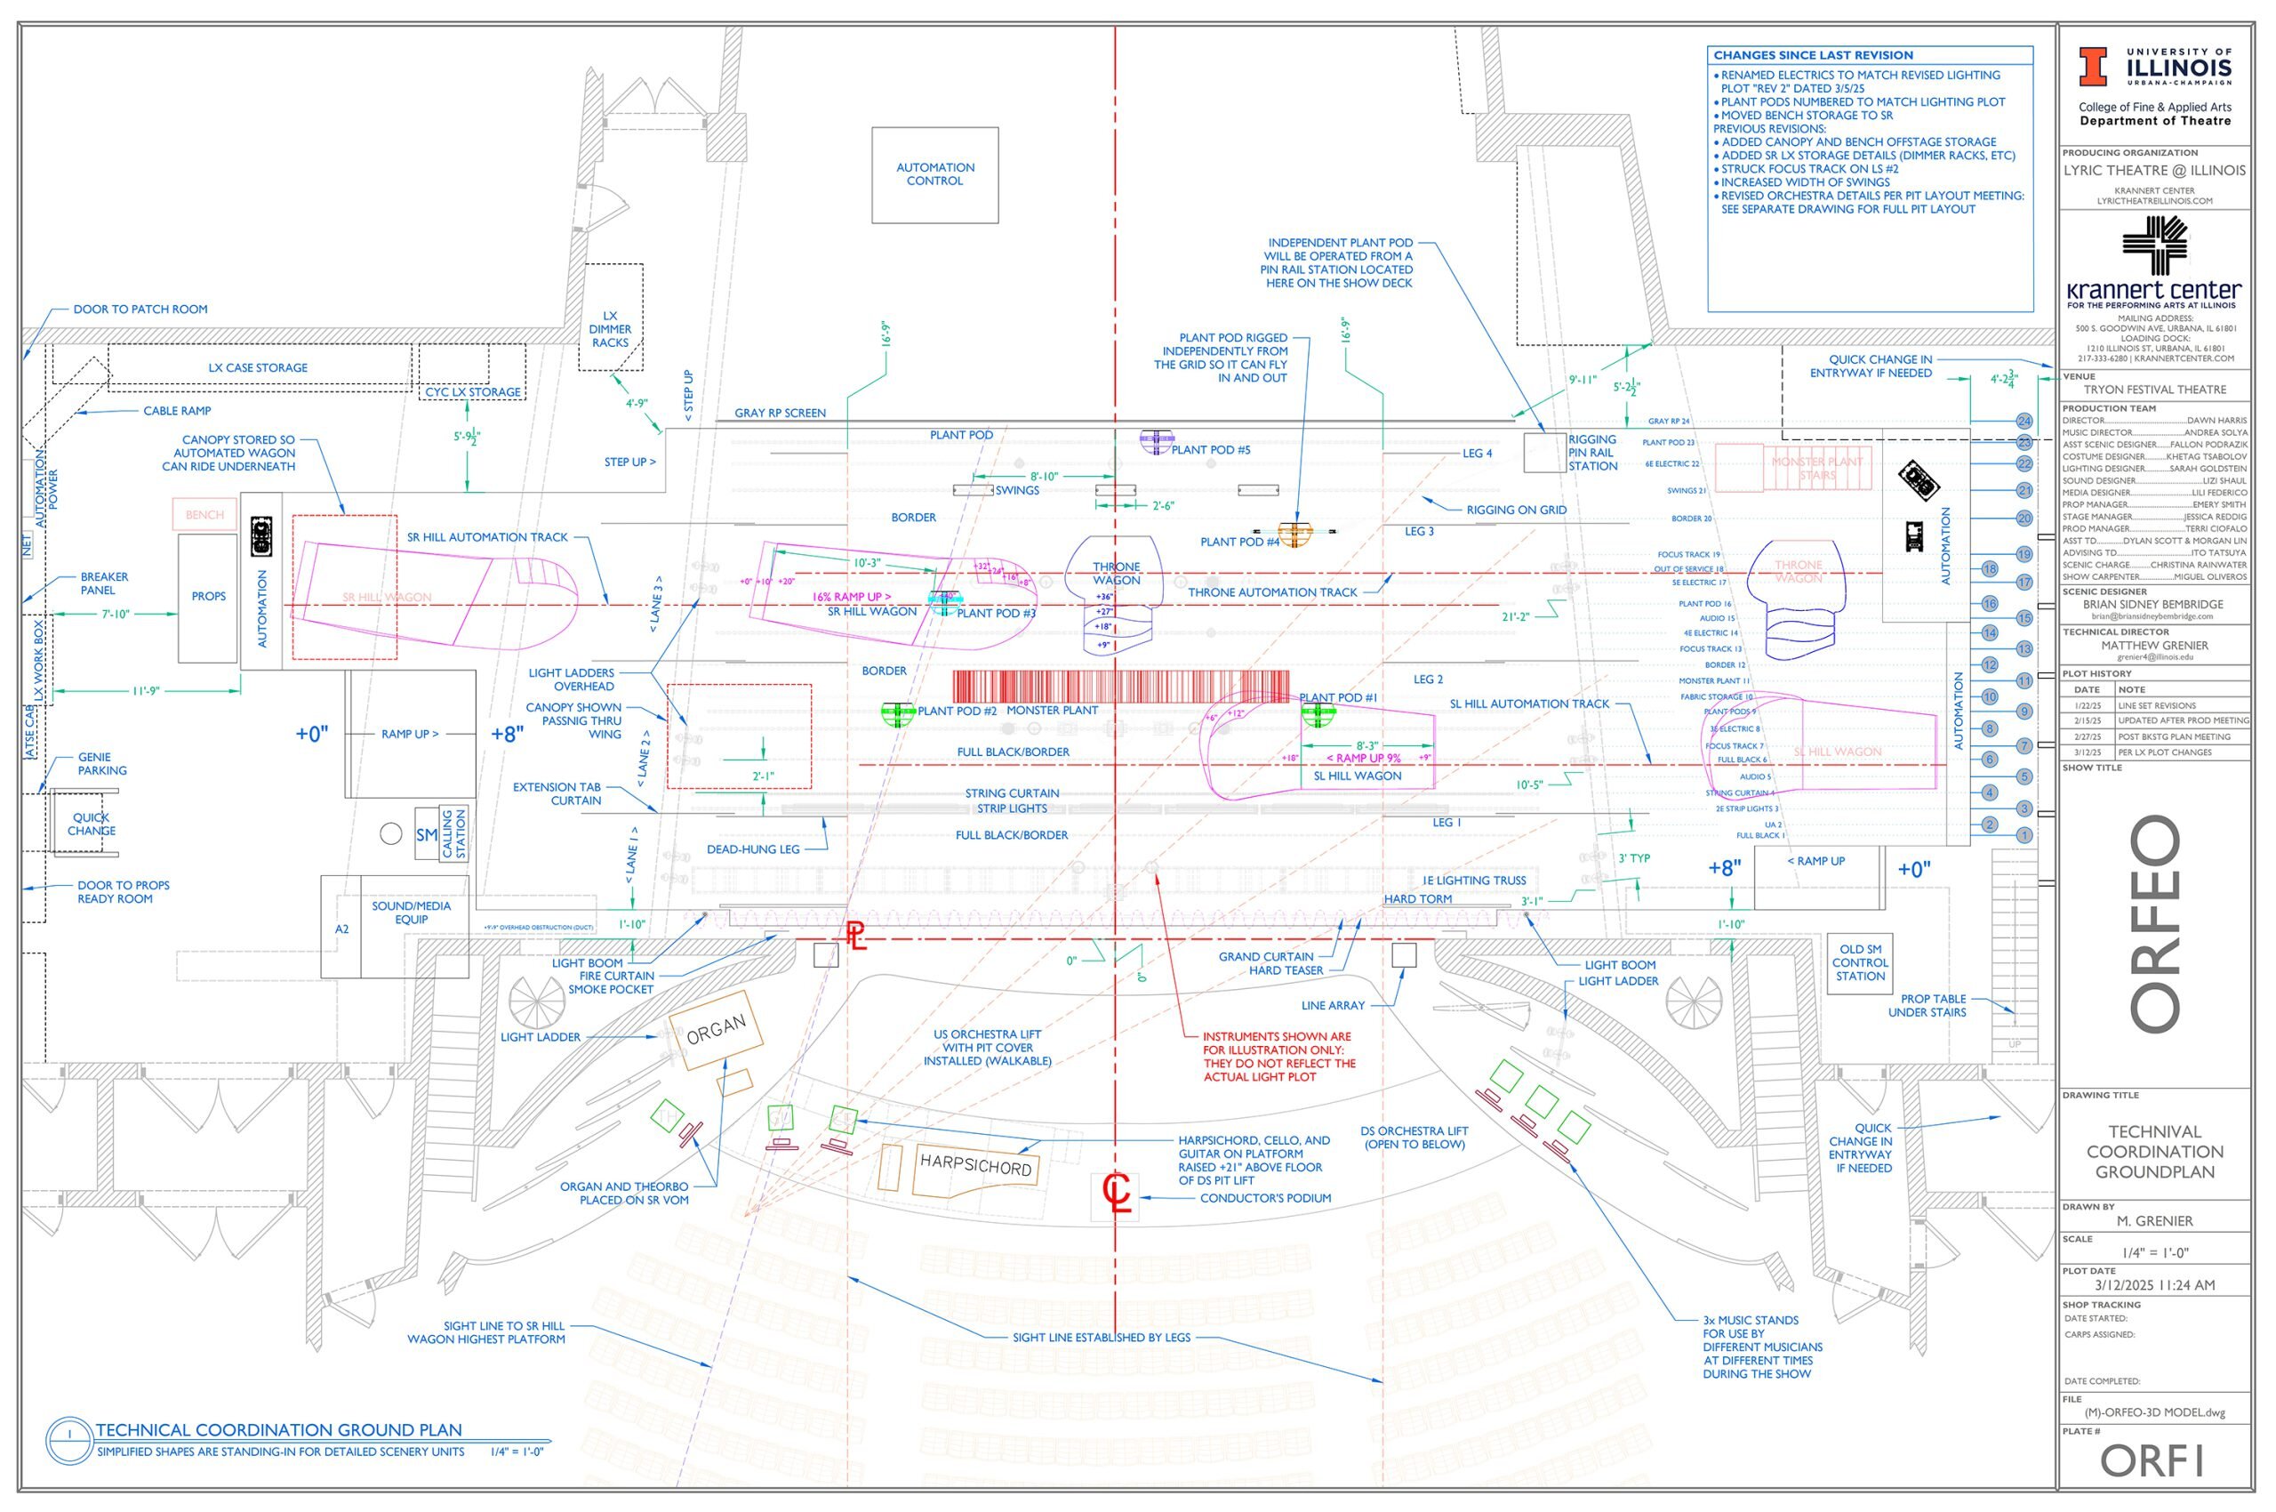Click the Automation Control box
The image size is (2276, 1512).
[934, 174]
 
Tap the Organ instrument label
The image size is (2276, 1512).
[716, 1030]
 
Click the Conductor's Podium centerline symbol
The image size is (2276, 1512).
[1116, 1195]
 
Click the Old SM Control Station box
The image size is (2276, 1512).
[1860, 962]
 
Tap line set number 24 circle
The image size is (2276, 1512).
[2024, 422]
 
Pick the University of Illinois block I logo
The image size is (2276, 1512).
[2092, 68]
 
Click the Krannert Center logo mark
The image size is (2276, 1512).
[2154, 245]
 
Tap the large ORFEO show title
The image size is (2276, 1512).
[2154, 923]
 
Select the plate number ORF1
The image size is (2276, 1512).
[2152, 1461]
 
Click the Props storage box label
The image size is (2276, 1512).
[208, 597]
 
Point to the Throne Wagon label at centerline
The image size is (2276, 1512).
[1117, 574]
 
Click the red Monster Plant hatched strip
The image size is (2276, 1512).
[1120, 687]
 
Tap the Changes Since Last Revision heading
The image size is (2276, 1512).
[1812, 56]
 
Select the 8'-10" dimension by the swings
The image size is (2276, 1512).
[1044, 477]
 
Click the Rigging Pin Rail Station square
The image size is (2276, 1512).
[1544, 452]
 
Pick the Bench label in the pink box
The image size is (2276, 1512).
[204, 515]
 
